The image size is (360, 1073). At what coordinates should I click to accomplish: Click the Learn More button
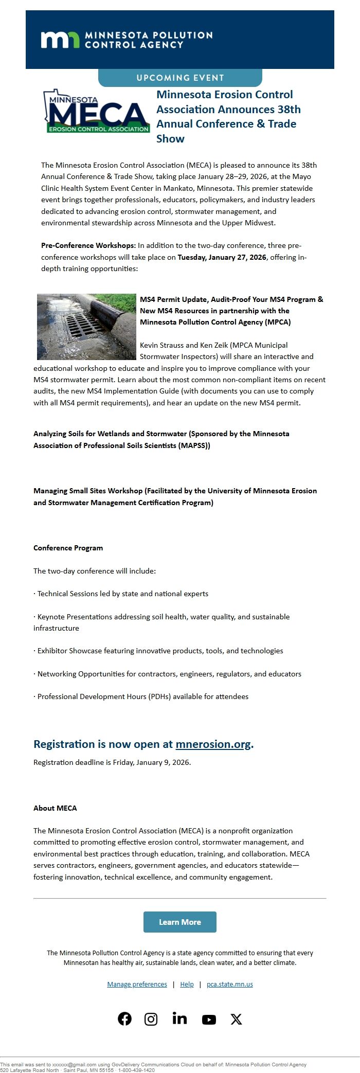[179, 922]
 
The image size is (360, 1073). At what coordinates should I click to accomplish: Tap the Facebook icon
[124, 1018]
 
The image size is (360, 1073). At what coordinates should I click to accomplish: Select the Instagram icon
[151, 1019]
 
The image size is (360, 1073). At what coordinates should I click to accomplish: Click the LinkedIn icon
[179, 1018]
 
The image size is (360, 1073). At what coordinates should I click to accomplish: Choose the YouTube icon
[209, 1020]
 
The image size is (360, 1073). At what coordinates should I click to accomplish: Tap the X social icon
[236, 1019]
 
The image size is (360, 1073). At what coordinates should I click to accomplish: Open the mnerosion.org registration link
[213, 744]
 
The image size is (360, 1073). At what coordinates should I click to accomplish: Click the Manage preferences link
[137, 984]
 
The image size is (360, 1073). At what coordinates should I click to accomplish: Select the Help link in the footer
[187, 984]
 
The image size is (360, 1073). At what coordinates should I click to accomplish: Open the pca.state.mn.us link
[229, 984]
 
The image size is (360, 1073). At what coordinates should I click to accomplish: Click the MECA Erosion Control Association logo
[97, 112]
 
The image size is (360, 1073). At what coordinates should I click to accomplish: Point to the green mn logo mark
[60, 40]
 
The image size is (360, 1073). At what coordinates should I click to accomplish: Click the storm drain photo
[86, 326]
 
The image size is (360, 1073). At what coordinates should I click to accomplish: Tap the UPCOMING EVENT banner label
[180, 78]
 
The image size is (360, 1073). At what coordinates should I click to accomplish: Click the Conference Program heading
[68, 548]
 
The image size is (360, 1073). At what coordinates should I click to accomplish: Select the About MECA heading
[55, 808]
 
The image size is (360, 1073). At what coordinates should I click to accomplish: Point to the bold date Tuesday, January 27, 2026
[222, 257]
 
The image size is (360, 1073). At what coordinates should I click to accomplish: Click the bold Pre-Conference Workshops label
[88, 245]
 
